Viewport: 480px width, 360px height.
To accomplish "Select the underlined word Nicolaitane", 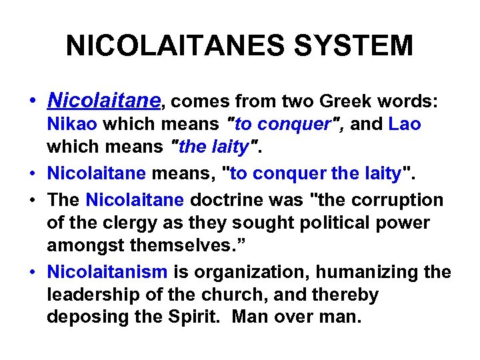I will pos(104,101).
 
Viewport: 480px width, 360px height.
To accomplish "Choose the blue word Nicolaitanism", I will pos(107,272).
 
